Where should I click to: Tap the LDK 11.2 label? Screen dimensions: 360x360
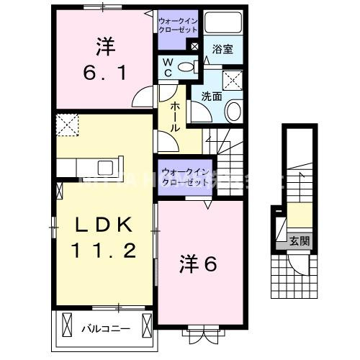tap(105, 238)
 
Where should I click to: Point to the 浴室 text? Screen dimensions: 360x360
tap(222, 50)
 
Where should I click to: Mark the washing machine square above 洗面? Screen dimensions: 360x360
tap(232, 80)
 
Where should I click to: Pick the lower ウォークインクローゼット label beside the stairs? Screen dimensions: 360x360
tap(186, 176)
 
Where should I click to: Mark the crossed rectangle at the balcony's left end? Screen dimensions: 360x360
tap(67, 326)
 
